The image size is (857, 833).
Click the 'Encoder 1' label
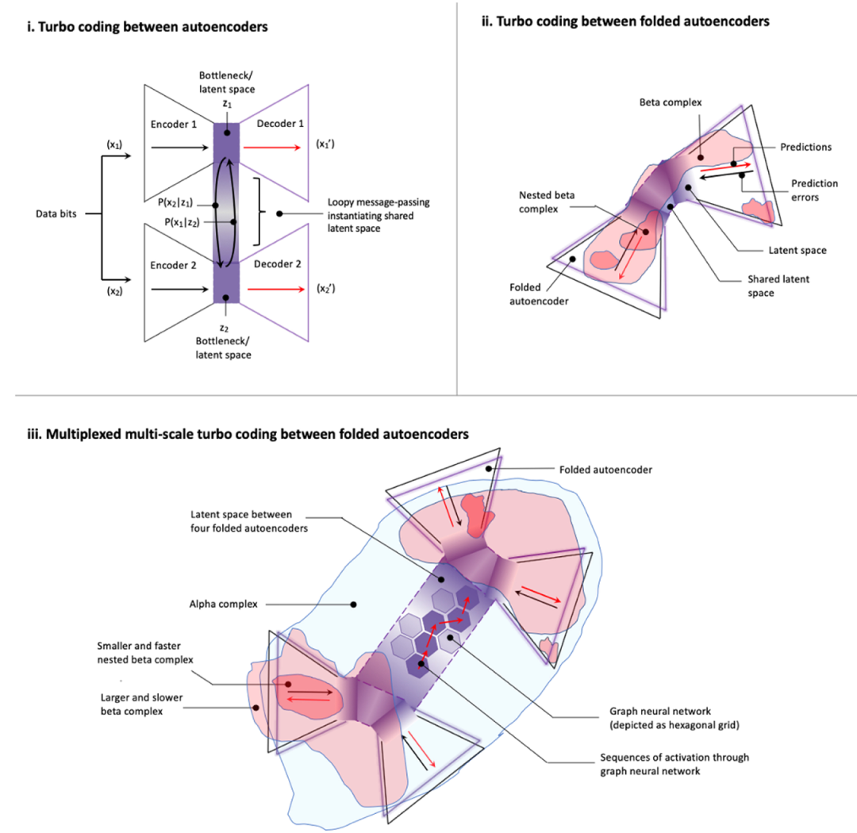coord(173,125)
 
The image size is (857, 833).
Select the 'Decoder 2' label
coord(277,264)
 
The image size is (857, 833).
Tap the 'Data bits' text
coord(56,213)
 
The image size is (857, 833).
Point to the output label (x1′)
coord(325,144)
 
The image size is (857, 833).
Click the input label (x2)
coord(114,291)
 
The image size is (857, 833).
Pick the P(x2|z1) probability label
coord(175,203)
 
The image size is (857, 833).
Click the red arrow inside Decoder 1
coord(271,148)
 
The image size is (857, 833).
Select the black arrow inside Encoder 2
coord(180,289)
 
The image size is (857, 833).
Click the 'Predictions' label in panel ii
coord(805,147)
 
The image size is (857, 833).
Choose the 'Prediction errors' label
coord(814,190)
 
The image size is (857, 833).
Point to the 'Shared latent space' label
coord(778,286)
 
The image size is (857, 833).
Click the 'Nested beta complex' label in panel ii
coord(547,202)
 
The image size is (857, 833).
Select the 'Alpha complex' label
coord(223,604)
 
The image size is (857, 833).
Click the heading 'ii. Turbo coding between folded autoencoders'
coord(625,21)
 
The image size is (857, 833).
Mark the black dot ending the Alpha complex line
coord(354,605)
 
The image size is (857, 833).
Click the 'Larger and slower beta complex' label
coord(141,704)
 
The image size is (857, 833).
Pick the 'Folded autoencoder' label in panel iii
coord(605,470)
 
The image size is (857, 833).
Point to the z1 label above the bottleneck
coord(227,104)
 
